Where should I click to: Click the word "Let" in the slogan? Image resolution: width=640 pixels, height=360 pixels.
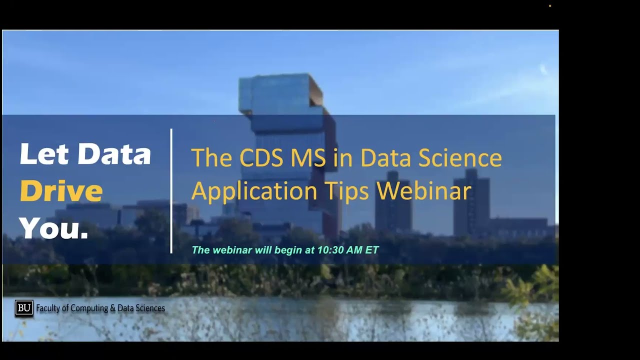pyautogui.click(x=44, y=154)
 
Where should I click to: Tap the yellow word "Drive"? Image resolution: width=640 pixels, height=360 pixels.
pyautogui.click(x=61, y=191)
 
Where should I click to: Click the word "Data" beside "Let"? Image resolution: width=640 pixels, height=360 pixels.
pyautogui.click(x=114, y=154)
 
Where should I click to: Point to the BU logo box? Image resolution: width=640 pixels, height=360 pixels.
pyautogui.click(x=23, y=308)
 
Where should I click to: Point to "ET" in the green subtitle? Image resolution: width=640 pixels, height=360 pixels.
pyautogui.click(x=372, y=250)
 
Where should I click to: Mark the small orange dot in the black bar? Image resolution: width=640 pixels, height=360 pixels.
pyautogui.click(x=550, y=6)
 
